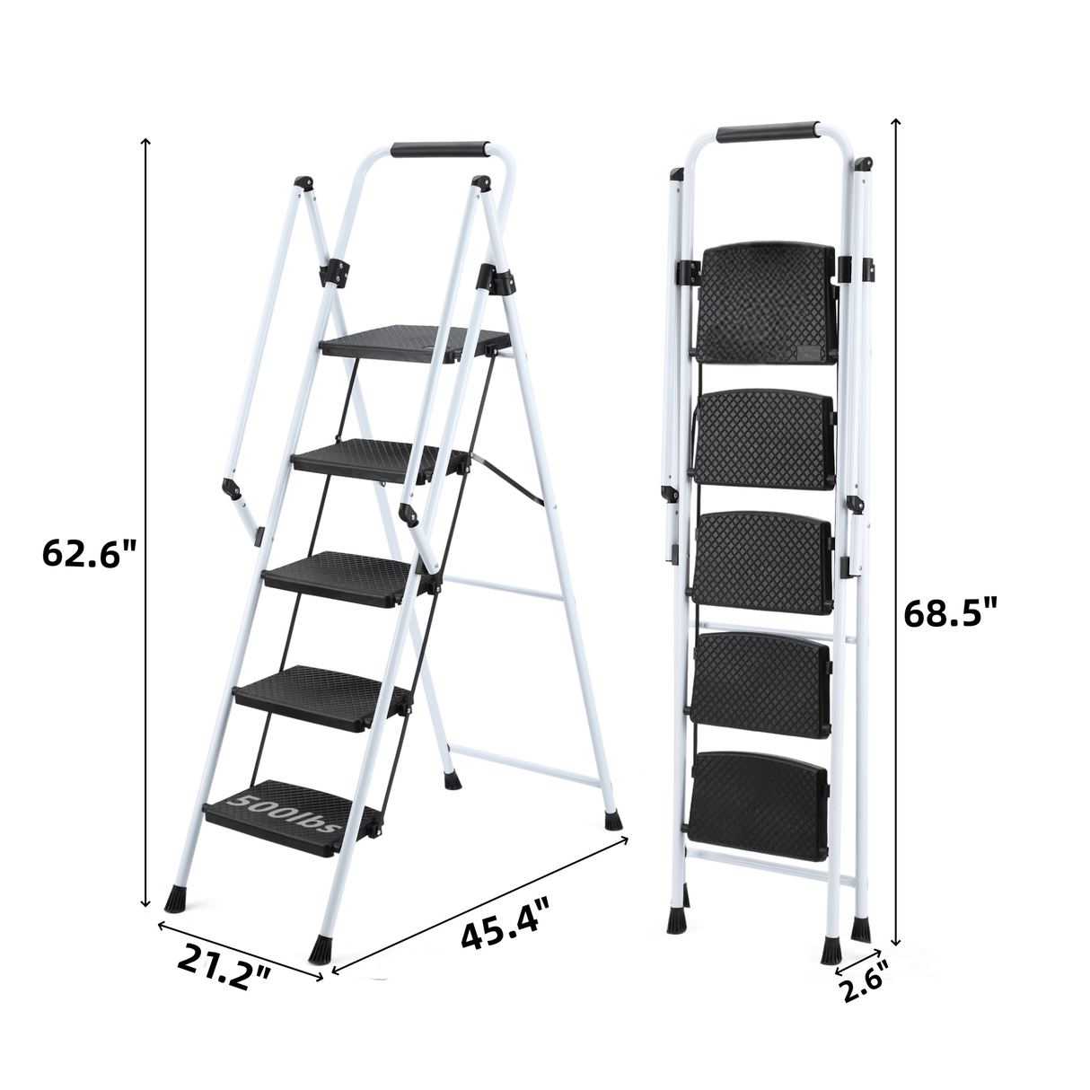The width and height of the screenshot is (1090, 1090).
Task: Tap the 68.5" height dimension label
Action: click(x=951, y=614)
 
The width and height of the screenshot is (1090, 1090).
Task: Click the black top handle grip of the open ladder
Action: click(x=440, y=149)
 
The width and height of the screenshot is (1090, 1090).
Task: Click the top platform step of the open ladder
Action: click(x=415, y=343)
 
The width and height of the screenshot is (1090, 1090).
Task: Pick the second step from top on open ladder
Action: click(x=377, y=458)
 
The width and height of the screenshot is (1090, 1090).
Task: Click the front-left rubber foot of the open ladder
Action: click(x=176, y=897)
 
